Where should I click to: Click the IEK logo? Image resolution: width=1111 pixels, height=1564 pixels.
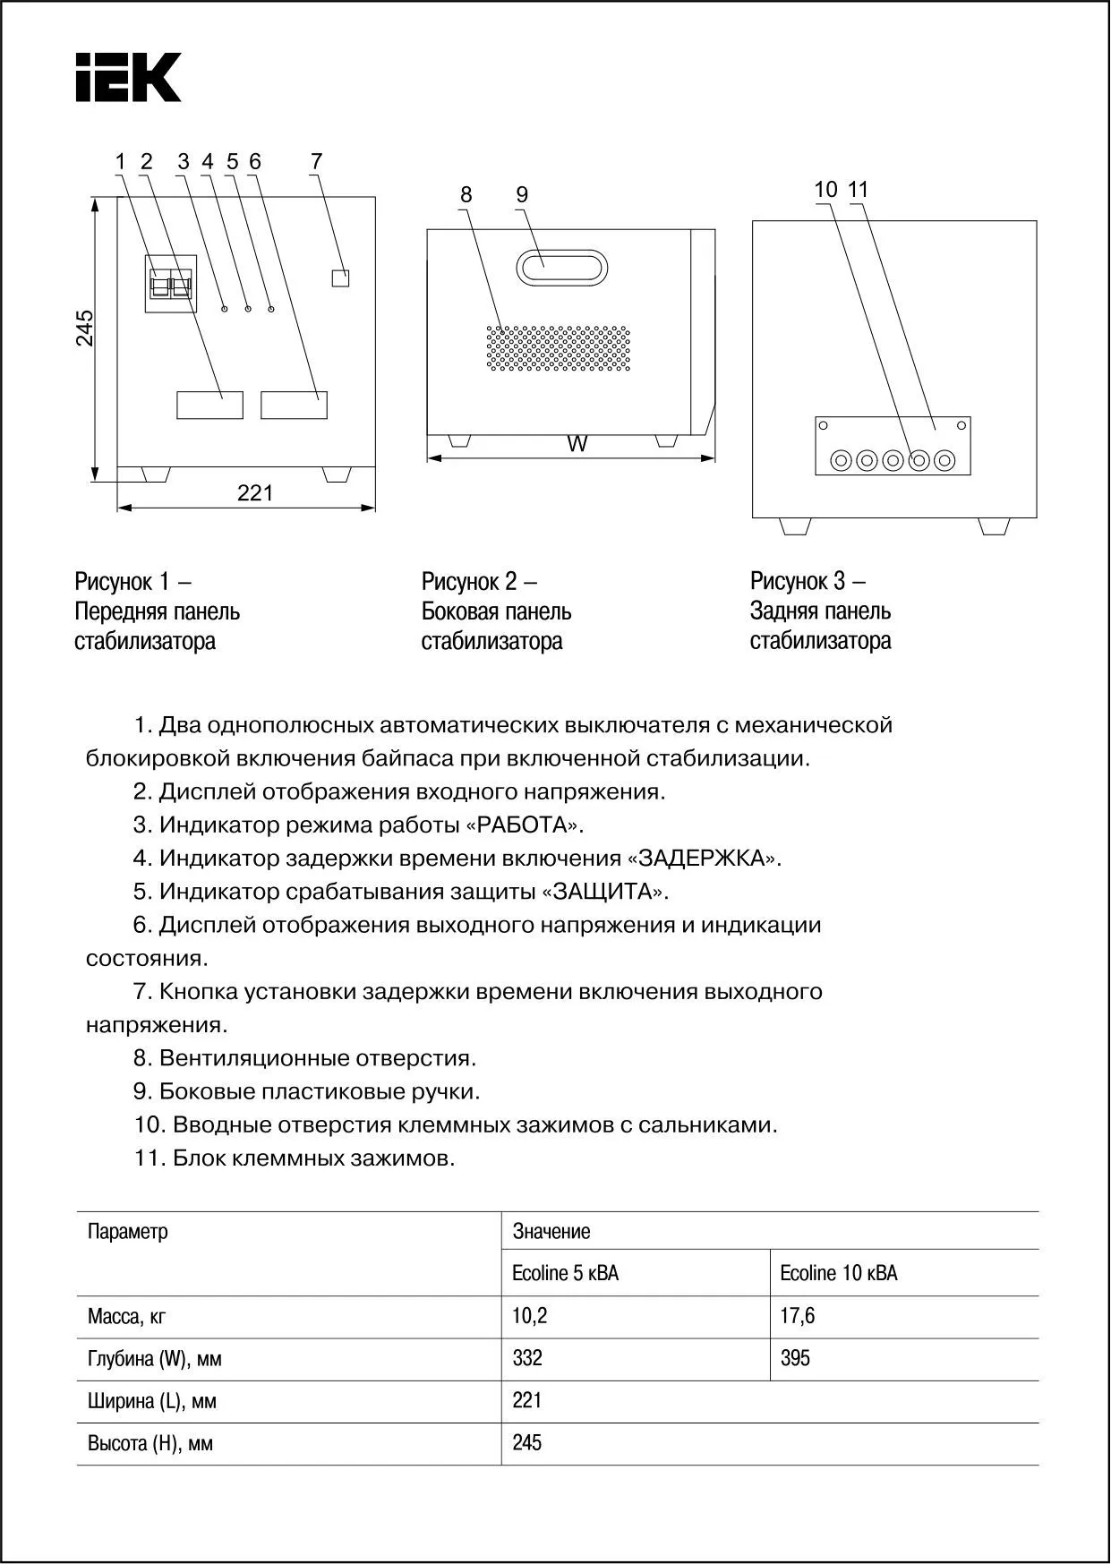(128, 77)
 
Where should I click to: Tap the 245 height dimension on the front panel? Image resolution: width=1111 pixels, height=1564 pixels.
(84, 329)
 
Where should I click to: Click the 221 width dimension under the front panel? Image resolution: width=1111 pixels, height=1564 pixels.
(255, 493)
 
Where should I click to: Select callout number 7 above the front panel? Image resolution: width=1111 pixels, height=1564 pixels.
(316, 162)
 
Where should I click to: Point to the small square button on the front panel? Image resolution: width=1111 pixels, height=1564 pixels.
(340, 278)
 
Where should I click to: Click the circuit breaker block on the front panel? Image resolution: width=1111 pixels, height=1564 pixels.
(170, 284)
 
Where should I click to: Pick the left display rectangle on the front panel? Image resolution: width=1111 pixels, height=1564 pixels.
(209, 405)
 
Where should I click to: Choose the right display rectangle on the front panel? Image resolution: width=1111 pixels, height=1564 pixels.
(294, 405)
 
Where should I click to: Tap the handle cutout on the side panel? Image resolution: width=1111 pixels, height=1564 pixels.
(561, 268)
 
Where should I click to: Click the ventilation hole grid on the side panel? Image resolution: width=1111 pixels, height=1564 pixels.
(559, 348)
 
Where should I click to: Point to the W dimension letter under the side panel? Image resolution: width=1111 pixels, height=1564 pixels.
(578, 444)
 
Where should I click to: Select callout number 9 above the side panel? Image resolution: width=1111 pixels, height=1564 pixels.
(522, 194)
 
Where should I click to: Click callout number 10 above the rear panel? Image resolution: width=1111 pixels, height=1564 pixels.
(825, 190)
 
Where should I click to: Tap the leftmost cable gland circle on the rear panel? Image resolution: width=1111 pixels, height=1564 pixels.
(841, 461)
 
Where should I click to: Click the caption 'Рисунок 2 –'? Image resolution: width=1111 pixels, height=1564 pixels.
(479, 582)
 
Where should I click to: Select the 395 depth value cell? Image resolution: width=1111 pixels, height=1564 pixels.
(795, 1358)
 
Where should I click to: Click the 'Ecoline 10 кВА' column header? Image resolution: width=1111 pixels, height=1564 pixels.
(838, 1273)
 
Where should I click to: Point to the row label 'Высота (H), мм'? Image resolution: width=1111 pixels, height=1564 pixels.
(150, 1443)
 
